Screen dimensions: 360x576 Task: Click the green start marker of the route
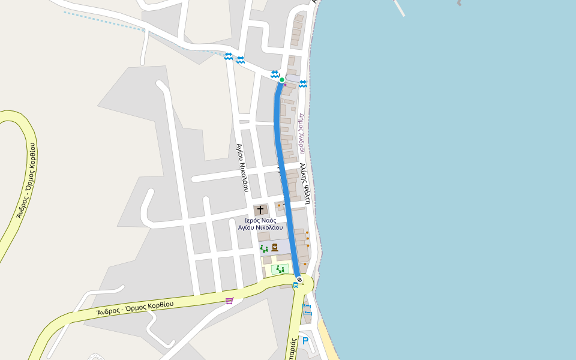tap(282, 80)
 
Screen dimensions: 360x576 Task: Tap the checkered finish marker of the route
tap(299, 280)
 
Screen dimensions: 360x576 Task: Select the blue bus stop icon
tap(295, 285)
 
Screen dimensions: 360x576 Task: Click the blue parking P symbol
tap(305, 341)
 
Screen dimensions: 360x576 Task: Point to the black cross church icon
tap(260, 210)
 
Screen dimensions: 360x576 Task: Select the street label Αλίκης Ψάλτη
tap(305, 184)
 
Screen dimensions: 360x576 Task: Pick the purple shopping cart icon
tap(229, 301)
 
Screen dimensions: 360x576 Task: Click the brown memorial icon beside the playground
tap(275, 247)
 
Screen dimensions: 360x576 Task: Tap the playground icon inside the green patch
tap(280, 269)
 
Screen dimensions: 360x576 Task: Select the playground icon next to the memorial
tap(264, 248)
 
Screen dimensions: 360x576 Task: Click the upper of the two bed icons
tap(307, 306)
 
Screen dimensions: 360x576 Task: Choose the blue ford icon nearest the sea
tap(303, 83)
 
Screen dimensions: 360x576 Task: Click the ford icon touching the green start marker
tap(275, 74)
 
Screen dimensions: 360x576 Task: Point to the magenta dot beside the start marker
tap(285, 85)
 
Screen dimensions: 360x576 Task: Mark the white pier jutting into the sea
tap(399, 7)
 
